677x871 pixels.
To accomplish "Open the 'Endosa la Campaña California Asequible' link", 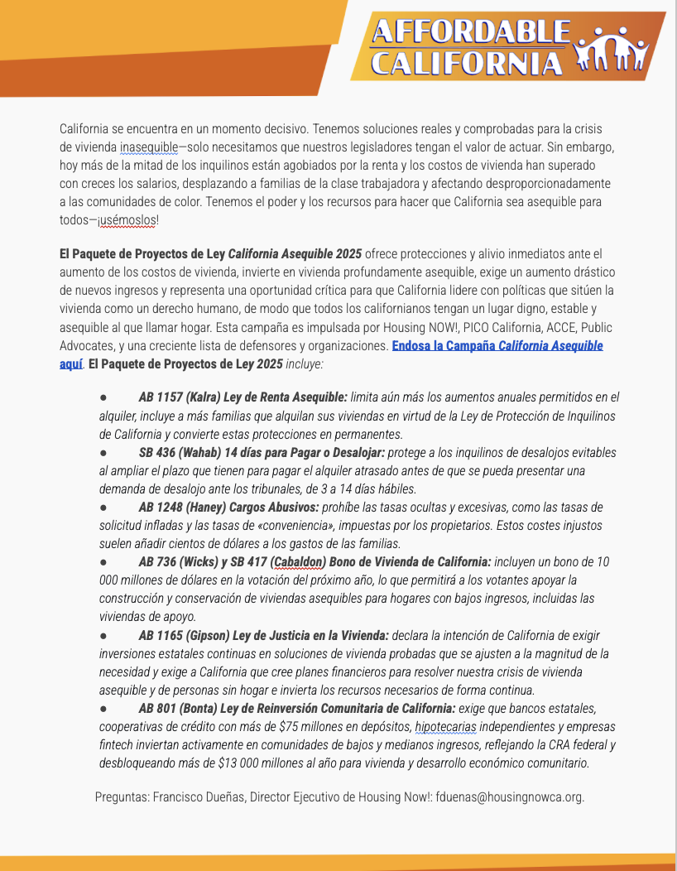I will pos(497,345).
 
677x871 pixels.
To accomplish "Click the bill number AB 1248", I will pos(163,507).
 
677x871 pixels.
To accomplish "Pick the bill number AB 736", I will pos(160,561).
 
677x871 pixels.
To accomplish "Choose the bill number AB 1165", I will pos(163,635).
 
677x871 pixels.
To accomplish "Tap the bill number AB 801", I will pos(160,708).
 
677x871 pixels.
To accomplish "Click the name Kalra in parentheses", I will pos(209,397).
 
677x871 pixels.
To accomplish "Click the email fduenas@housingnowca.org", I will pos(510,797).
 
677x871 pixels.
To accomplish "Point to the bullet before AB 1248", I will pos(103,507).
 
